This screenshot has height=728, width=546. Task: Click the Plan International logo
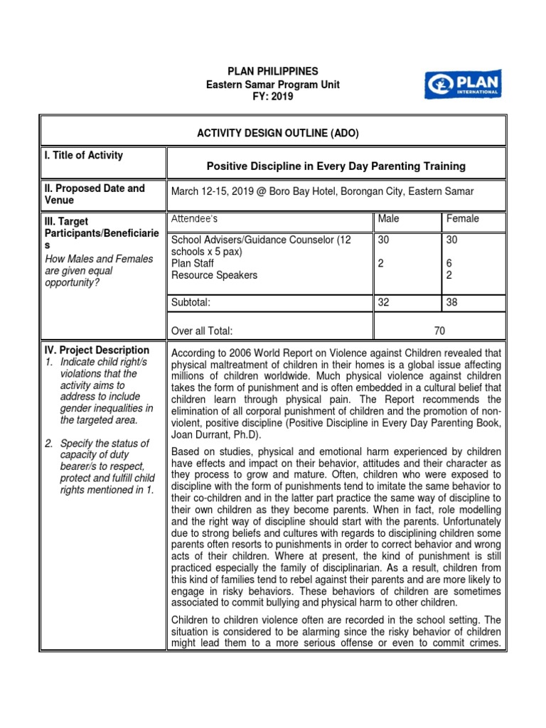point(462,84)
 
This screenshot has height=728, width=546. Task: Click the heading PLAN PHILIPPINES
point(272,72)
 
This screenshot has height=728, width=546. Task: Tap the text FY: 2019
point(272,97)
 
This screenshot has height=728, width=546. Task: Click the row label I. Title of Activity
point(82,156)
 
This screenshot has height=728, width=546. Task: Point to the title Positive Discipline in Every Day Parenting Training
point(336,166)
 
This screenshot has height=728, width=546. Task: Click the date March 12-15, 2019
point(213,192)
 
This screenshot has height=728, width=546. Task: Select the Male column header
point(389,219)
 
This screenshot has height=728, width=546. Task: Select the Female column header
point(462,219)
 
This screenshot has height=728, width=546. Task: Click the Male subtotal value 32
point(384,302)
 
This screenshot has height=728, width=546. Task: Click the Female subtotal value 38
point(451,302)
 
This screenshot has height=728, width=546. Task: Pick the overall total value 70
point(439,331)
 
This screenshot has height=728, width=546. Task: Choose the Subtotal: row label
point(191,302)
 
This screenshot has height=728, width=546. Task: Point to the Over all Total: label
point(203,331)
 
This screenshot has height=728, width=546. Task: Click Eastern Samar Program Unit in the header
point(272,85)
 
